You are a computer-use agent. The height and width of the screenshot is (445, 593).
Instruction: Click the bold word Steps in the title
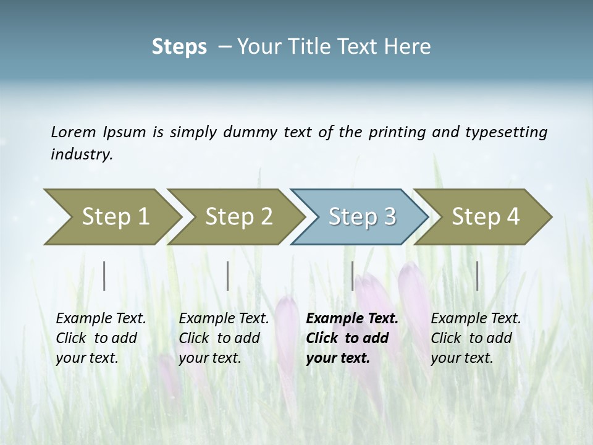[x=179, y=47]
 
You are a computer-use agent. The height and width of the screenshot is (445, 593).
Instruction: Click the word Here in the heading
[x=408, y=47]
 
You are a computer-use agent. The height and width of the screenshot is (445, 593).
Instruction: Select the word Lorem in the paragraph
[x=74, y=132]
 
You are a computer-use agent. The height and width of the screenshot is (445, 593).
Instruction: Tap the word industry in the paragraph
[x=82, y=154]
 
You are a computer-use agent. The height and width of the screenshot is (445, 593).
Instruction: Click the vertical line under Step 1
[x=104, y=276]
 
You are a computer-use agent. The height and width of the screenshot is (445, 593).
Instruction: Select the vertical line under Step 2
[x=228, y=276]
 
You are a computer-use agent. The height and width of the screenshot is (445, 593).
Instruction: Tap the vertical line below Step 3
[x=352, y=276]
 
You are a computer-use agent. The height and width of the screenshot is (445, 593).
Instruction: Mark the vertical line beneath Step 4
[x=477, y=276]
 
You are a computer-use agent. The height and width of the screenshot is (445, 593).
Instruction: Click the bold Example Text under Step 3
[x=352, y=318]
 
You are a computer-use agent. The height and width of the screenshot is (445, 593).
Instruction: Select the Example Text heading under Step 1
[x=101, y=318]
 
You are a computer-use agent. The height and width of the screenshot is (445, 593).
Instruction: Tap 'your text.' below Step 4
[x=461, y=358]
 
